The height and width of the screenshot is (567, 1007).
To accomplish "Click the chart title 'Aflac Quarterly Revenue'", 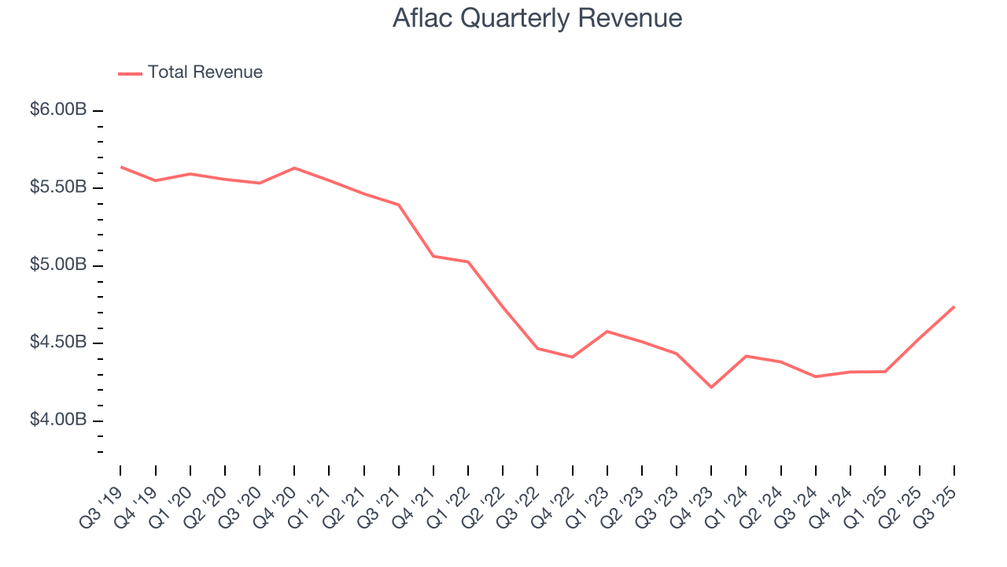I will [x=537, y=18].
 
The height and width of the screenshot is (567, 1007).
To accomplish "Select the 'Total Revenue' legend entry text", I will [x=205, y=72].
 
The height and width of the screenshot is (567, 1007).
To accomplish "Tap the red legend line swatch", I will [x=130, y=73].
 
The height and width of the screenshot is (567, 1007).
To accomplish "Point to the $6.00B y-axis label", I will [x=58, y=110].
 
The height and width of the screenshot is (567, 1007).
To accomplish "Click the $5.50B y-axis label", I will [x=58, y=188].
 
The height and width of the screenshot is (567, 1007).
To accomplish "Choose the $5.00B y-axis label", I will [x=58, y=265].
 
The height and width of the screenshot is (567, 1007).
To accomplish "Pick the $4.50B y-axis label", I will [x=58, y=343].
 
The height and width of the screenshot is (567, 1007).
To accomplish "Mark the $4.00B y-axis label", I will [x=58, y=421].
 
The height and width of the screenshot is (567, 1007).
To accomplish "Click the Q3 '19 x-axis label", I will [x=100, y=505].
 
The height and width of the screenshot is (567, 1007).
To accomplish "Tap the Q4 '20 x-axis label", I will [x=274, y=505].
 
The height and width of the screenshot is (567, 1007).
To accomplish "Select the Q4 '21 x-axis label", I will [x=413, y=505].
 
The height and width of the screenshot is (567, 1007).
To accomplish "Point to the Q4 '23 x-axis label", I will [x=691, y=505].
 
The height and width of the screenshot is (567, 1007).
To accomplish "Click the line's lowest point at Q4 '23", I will [x=711, y=387].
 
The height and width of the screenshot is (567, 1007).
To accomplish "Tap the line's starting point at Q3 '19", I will [x=121, y=167].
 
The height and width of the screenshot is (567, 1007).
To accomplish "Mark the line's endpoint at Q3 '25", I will [x=954, y=306].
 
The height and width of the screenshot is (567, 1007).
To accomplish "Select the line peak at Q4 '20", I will [x=294, y=168].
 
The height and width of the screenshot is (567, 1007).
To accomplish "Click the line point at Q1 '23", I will [x=607, y=332].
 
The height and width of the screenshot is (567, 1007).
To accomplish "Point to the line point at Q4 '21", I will [x=433, y=256].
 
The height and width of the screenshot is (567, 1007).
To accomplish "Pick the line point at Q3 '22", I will [x=537, y=348].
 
